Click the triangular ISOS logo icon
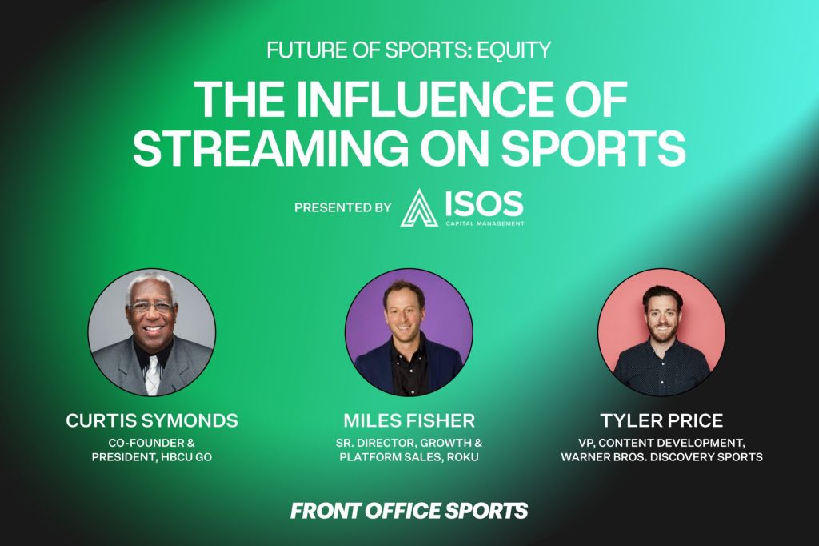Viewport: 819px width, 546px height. (x=419, y=207)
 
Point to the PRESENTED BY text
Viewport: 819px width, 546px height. (x=342, y=207)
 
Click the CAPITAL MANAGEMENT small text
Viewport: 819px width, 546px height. (x=485, y=223)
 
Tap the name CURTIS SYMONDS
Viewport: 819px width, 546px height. (x=152, y=420)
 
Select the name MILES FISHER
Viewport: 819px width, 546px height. (x=409, y=420)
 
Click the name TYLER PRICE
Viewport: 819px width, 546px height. (x=661, y=420)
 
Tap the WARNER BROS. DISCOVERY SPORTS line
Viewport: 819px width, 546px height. (x=661, y=456)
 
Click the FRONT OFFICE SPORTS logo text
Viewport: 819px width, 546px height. (x=409, y=511)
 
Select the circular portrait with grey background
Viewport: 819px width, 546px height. (x=151, y=332)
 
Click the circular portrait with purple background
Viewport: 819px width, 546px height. (x=409, y=332)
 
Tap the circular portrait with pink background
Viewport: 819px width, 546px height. (x=661, y=332)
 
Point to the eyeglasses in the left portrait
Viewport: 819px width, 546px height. (x=151, y=307)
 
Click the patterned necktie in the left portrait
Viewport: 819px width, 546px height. (x=151, y=375)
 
